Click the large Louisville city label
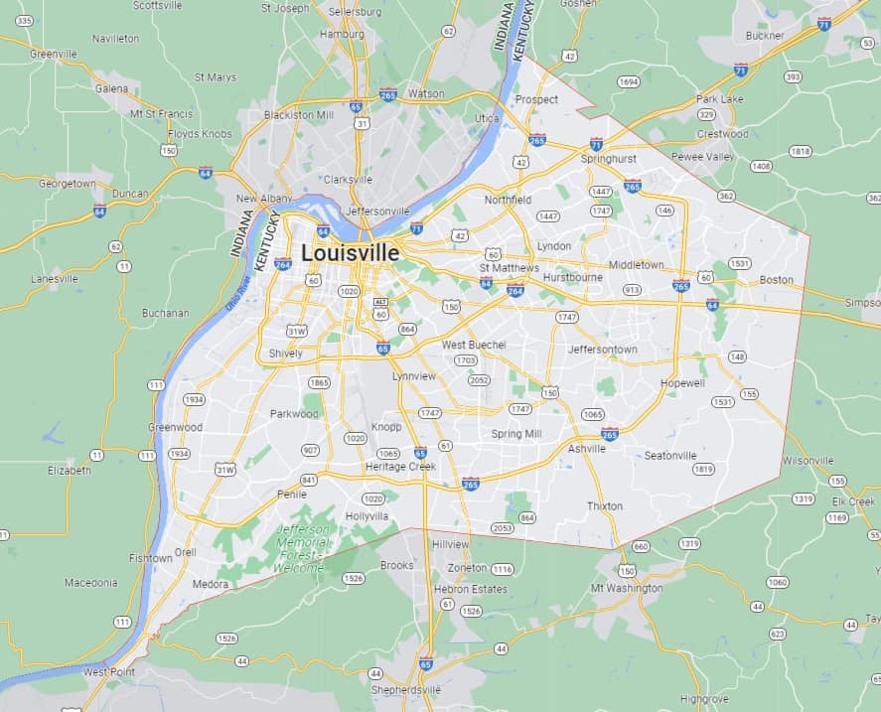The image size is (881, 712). (350, 253)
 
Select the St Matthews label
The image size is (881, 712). (509, 268)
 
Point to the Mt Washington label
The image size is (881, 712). (626, 588)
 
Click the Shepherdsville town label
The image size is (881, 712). (404, 689)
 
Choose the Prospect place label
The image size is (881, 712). (536, 99)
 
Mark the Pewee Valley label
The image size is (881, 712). (702, 157)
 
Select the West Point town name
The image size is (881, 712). (108, 672)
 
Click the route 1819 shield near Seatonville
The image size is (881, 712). (703, 469)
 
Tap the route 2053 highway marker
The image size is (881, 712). (504, 528)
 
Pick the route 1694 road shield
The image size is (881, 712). (628, 81)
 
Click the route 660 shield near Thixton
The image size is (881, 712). (640, 546)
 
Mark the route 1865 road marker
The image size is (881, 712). (319, 382)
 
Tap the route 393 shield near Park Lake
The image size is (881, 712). (792, 76)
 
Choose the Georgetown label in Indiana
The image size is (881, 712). (67, 184)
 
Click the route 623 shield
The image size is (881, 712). (777, 633)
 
